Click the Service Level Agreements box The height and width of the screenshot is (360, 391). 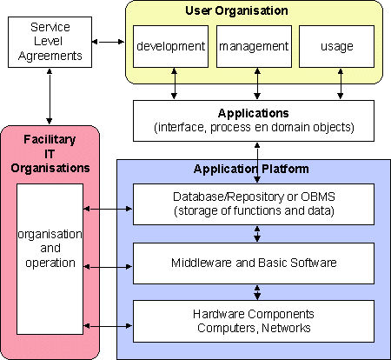pos(50,42)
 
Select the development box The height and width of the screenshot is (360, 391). pos(170,46)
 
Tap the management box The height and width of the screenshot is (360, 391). pos(254,46)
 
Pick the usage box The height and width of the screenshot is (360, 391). pos(336,46)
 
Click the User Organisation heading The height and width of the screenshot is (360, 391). pos(236,10)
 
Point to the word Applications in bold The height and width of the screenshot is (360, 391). pos(254,113)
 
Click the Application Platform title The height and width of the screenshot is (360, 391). pos(251,169)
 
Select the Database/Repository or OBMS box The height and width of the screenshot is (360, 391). pos(254,204)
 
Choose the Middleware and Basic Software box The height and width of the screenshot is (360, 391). pos(254,263)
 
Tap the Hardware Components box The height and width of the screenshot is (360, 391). pos(254,321)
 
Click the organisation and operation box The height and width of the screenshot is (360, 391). pos(50,259)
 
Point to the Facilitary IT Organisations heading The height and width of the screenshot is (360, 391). pos(50,154)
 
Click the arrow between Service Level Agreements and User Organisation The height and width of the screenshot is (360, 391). pos(109,42)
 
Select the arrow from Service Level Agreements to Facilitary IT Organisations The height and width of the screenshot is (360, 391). pos(50,97)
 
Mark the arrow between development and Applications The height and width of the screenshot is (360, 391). pos(174,83)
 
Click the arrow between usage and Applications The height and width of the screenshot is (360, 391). pos(341,83)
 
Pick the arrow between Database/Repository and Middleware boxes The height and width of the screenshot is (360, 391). pos(257,234)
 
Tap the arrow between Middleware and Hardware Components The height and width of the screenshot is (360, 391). pos(257,292)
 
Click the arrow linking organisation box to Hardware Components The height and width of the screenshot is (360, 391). pos(108,326)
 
